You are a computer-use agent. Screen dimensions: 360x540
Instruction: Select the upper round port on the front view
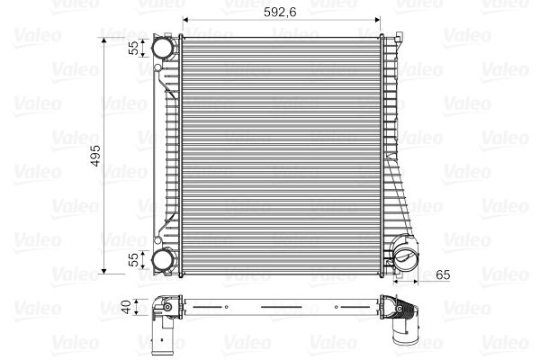(x=163, y=47)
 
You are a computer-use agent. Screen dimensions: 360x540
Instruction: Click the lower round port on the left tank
(x=163, y=260)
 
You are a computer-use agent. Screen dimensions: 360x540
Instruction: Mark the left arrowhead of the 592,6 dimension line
(x=185, y=20)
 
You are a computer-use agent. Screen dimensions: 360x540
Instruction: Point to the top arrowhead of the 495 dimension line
(x=106, y=37)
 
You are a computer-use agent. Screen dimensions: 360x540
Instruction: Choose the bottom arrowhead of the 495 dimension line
(x=106, y=270)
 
